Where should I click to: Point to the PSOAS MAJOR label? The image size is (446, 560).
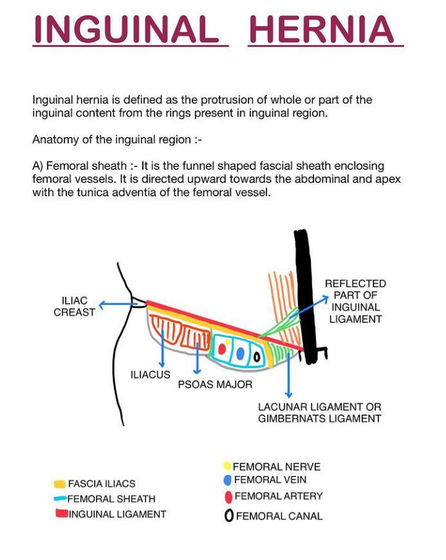[215, 384]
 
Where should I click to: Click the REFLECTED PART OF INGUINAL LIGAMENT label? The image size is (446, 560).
[355, 301]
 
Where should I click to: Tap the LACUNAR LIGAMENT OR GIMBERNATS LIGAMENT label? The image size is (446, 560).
[319, 413]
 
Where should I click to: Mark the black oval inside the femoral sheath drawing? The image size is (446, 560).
[256, 356]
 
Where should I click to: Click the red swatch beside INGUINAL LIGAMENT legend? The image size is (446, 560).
[62, 514]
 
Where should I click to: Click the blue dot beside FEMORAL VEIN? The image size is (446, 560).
[227, 480]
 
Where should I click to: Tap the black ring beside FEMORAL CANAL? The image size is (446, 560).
[228, 516]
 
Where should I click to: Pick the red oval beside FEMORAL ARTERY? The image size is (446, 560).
[228, 497]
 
